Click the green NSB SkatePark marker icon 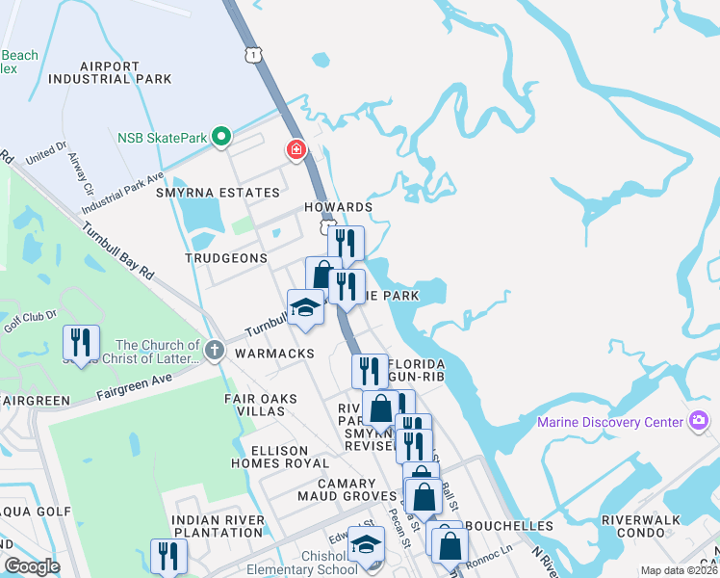[221, 138]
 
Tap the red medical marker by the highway [296, 149]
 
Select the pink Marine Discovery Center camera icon [699, 421]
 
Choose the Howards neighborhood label [337, 207]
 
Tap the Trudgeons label [226, 258]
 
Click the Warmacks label [274, 354]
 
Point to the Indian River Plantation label [217, 526]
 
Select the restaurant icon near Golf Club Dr [81, 343]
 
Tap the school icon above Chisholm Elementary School [365, 545]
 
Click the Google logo [32, 567]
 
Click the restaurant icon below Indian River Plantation [168, 556]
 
